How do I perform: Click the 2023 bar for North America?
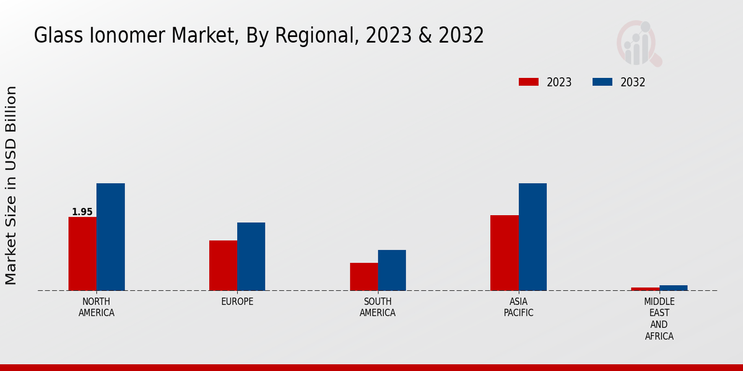pyautogui.click(x=82, y=254)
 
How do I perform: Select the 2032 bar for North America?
pyautogui.click(x=110, y=237)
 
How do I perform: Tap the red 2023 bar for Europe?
pyautogui.click(x=223, y=265)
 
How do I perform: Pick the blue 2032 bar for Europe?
pyautogui.click(x=251, y=257)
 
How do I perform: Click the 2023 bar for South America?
pyautogui.click(x=363, y=276)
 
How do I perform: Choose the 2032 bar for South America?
pyautogui.click(x=392, y=270)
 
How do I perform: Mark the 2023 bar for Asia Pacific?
pyautogui.click(x=504, y=253)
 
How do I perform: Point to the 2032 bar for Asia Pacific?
pyautogui.click(x=532, y=237)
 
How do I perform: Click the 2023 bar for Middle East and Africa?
pyautogui.click(x=645, y=289)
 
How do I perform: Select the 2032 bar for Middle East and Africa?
pyautogui.click(x=673, y=288)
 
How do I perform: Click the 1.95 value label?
pyautogui.click(x=82, y=212)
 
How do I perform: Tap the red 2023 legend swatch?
pyautogui.click(x=529, y=82)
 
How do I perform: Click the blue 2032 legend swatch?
pyautogui.click(x=602, y=82)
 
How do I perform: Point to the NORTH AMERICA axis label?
pyautogui.click(x=97, y=307)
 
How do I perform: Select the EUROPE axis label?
pyautogui.click(x=237, y=302)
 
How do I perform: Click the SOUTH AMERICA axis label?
pyautogui.click(x=378, y=307)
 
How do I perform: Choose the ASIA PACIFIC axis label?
pyautogui.click(x=518, y=307)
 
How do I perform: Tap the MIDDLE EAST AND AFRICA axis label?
pyautogui.click(x=659, y=319)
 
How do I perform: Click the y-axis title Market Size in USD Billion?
pyautogui.click(x=11, y=185)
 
